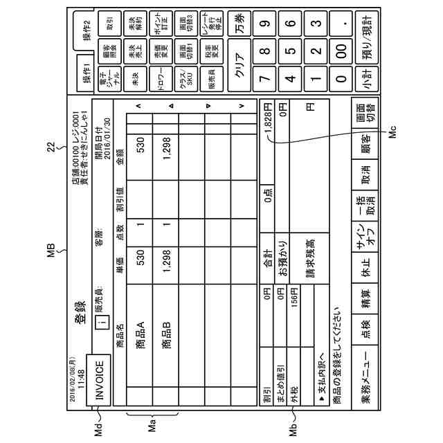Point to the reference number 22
tap(50, 222)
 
